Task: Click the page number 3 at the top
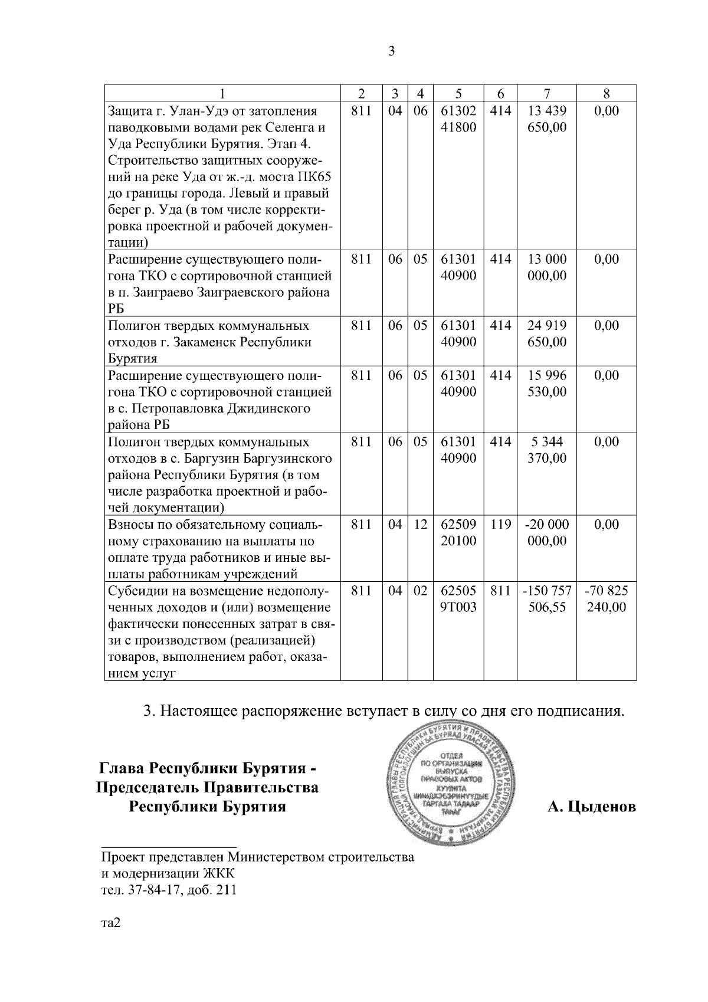pyautogui.click(x=392, y=51)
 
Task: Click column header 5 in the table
pyautogui.click(x=458, y=93)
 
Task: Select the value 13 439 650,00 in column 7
pyautogui.click(x=547, y=119)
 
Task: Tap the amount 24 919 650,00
pyautogui.click(x=547, y=334)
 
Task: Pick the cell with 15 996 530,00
pyautogui.click(x=547, y=384)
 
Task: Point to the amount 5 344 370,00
pyautogui.click(x=547, y=450)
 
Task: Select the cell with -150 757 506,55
pyautogui.click(x=546, y=599)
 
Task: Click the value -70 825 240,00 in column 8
pyautogui.click(x=606, y=599)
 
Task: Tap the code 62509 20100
pyautogui.click(x=458, y=533)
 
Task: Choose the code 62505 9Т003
pyautogui.click(x=458, y=599)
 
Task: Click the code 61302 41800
pyautogui.click(x=458, y=119)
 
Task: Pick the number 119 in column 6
pyautogui.click(x=500, y=525)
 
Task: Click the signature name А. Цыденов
pyautogui.click(x=592, y=807)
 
